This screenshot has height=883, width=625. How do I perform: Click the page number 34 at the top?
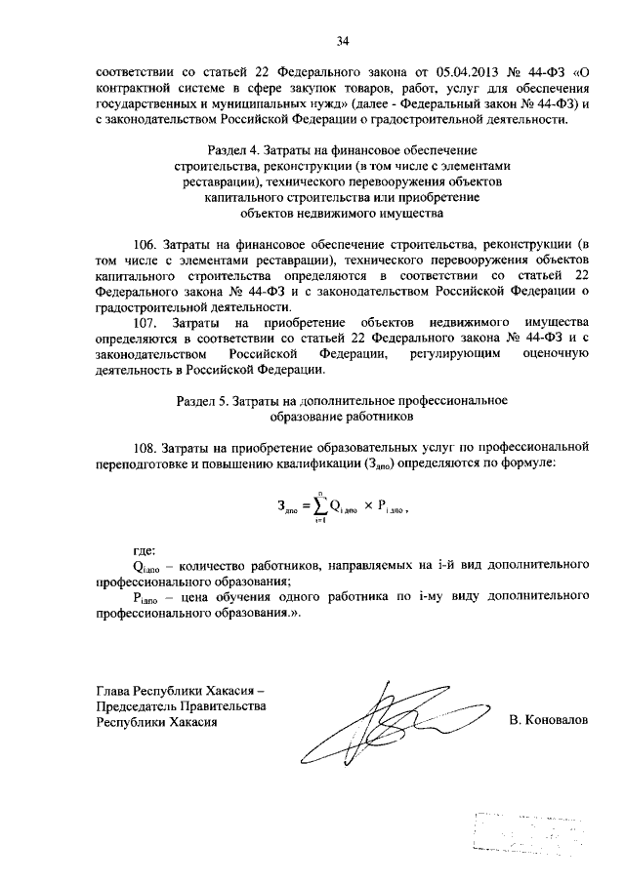pos(342,40)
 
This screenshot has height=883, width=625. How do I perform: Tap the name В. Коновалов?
pos(549,721)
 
